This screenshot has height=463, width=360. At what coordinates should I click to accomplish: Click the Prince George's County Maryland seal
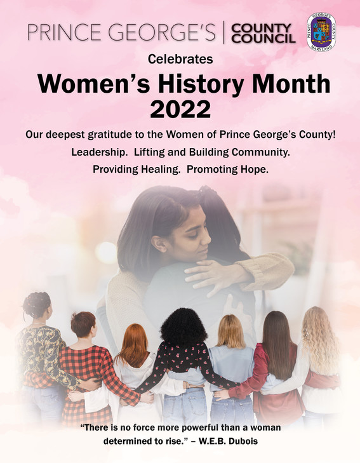[321, 31]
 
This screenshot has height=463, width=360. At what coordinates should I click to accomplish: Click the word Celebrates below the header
[180, 60]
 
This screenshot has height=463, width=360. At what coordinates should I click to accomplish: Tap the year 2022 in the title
[180, 109]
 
